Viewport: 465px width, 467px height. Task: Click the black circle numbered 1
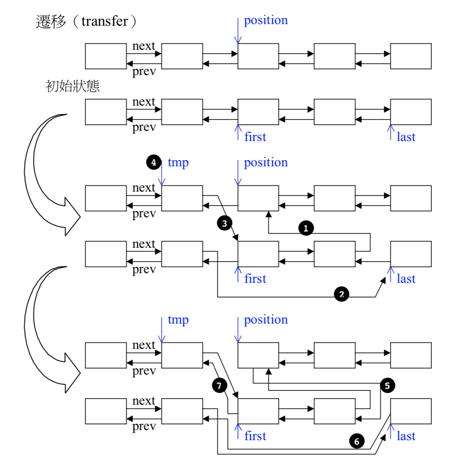[306, 228]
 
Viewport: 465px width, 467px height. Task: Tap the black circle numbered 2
[341, 294]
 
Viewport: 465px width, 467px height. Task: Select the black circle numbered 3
[224, 223]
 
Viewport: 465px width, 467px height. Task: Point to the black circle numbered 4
[153, 162]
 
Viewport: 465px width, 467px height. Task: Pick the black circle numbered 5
[387, 385]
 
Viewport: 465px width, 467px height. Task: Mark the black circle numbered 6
[356, 441]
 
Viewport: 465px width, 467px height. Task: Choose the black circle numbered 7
[219, 385]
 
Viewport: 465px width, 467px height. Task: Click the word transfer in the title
[105, 21]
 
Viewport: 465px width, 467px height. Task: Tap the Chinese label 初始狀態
[72, 86]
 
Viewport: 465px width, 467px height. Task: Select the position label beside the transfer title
[266, 20]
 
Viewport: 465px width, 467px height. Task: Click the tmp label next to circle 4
[178, 162]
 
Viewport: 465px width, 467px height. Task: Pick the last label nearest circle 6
[406, 436]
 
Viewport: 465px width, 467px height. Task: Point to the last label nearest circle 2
[406, 279]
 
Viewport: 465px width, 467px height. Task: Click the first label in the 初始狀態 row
[255, 137]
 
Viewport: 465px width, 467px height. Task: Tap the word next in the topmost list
[144, 46]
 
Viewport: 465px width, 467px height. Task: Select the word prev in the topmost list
[144, 72]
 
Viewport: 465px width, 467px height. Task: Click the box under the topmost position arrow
[258, 56]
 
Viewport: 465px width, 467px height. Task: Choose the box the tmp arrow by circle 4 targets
[182, 198]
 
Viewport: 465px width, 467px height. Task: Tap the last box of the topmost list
[411, 56]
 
